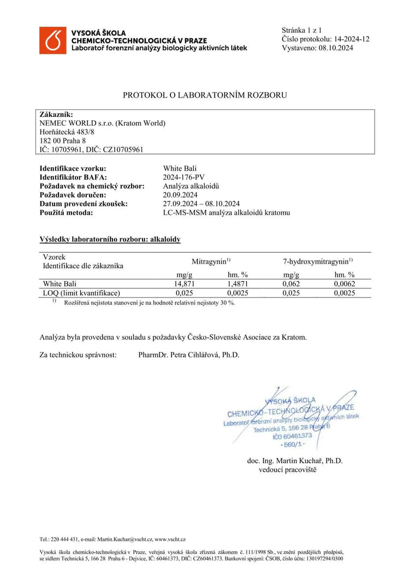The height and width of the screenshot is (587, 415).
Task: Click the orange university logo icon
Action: pos(52,40)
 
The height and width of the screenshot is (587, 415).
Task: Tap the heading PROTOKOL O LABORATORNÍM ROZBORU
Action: pos(205,95)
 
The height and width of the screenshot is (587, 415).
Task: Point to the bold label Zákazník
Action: pos(56,114)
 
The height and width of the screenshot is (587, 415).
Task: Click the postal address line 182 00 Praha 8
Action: pos(63,140)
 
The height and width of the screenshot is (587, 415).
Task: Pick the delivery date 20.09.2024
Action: pos(180,194)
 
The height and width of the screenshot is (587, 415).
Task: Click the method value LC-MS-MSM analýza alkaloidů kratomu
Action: pos(227,212)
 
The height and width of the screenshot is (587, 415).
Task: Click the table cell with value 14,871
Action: pos(185,284)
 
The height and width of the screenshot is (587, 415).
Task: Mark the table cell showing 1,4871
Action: pos(238,284)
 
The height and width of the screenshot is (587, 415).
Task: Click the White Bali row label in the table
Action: pos(59,284)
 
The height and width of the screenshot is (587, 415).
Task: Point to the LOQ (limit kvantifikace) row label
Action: pos(81,293)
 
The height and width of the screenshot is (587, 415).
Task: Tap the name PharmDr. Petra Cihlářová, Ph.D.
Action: pos(189,355)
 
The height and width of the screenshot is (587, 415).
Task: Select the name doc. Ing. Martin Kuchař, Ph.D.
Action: pos(295,460)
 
